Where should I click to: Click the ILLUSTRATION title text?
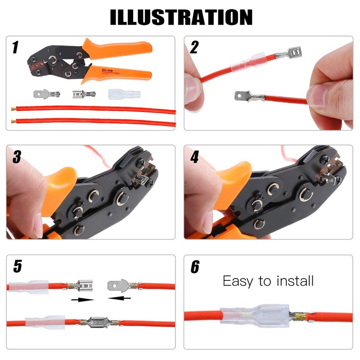(181, 17)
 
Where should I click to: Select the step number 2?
(194, 47)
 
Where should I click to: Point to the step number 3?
(17, 157)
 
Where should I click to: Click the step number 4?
(194, 157)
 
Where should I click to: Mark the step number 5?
(17, 266)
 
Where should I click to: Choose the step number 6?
(195, 266)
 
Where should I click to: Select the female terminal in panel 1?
(84, 94)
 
